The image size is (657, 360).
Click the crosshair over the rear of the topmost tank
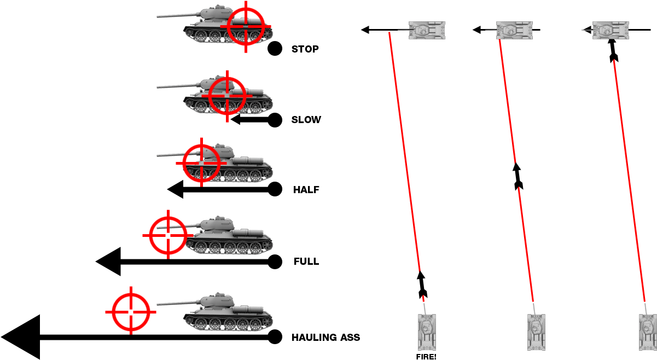246,26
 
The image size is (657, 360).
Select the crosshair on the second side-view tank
227,96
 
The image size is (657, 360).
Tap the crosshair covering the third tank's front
201,163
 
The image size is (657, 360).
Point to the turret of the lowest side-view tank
217,301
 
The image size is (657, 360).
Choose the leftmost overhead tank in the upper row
426,30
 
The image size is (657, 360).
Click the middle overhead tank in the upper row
514,30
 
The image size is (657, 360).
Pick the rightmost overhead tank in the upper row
610,30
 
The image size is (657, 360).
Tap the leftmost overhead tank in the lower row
427,332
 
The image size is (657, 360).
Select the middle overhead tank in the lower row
536,332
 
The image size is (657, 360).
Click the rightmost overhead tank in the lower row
648,332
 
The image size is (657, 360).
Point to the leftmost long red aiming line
404,150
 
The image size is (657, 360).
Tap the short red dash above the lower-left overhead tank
423,298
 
